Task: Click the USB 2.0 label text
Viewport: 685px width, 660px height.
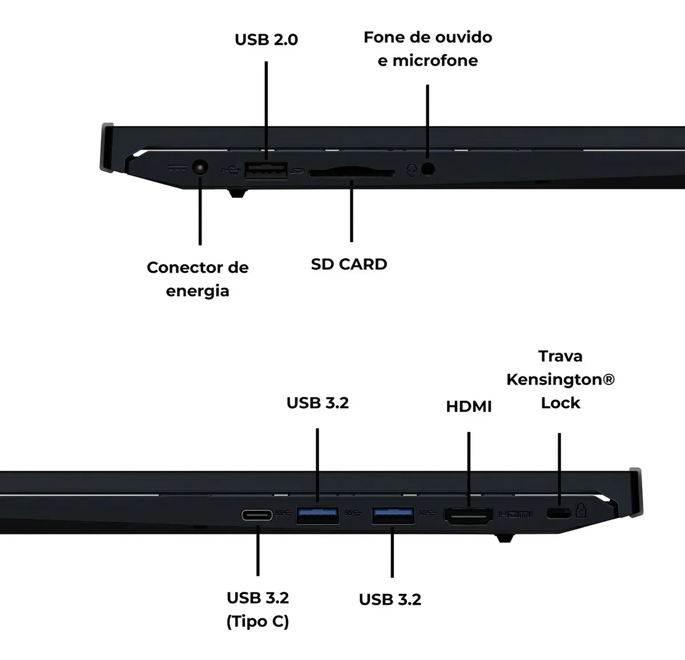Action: tap(266, 40)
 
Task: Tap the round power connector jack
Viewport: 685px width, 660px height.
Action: tap(199, 168)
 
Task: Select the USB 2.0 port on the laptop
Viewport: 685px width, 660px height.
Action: tap(265, 170)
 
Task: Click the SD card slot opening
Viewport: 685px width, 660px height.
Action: tap(351, 172)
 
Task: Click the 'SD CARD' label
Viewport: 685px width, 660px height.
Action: tap(349, 264)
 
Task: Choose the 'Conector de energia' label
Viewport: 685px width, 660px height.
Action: tap(198, 279)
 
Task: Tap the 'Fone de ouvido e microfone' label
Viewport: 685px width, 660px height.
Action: tap(428, 48)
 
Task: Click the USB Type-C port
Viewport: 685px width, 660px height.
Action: tap(257, 515)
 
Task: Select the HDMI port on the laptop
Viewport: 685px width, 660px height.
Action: tap(469, 516)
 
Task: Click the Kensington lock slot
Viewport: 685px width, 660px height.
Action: tap(558, 513)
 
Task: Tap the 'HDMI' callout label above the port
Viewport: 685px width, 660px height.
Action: tap(469, 407)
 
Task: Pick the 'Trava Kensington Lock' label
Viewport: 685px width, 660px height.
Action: tap(560, 379)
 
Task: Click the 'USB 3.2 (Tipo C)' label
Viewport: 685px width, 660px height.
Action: tap(257, 609)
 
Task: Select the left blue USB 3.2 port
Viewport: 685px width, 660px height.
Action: tap(317, 515)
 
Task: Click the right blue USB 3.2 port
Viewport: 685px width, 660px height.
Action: tap(393, 515)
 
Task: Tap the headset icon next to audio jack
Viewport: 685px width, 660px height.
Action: tap(412, 170)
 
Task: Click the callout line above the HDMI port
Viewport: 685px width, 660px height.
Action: tap(469, 468)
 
